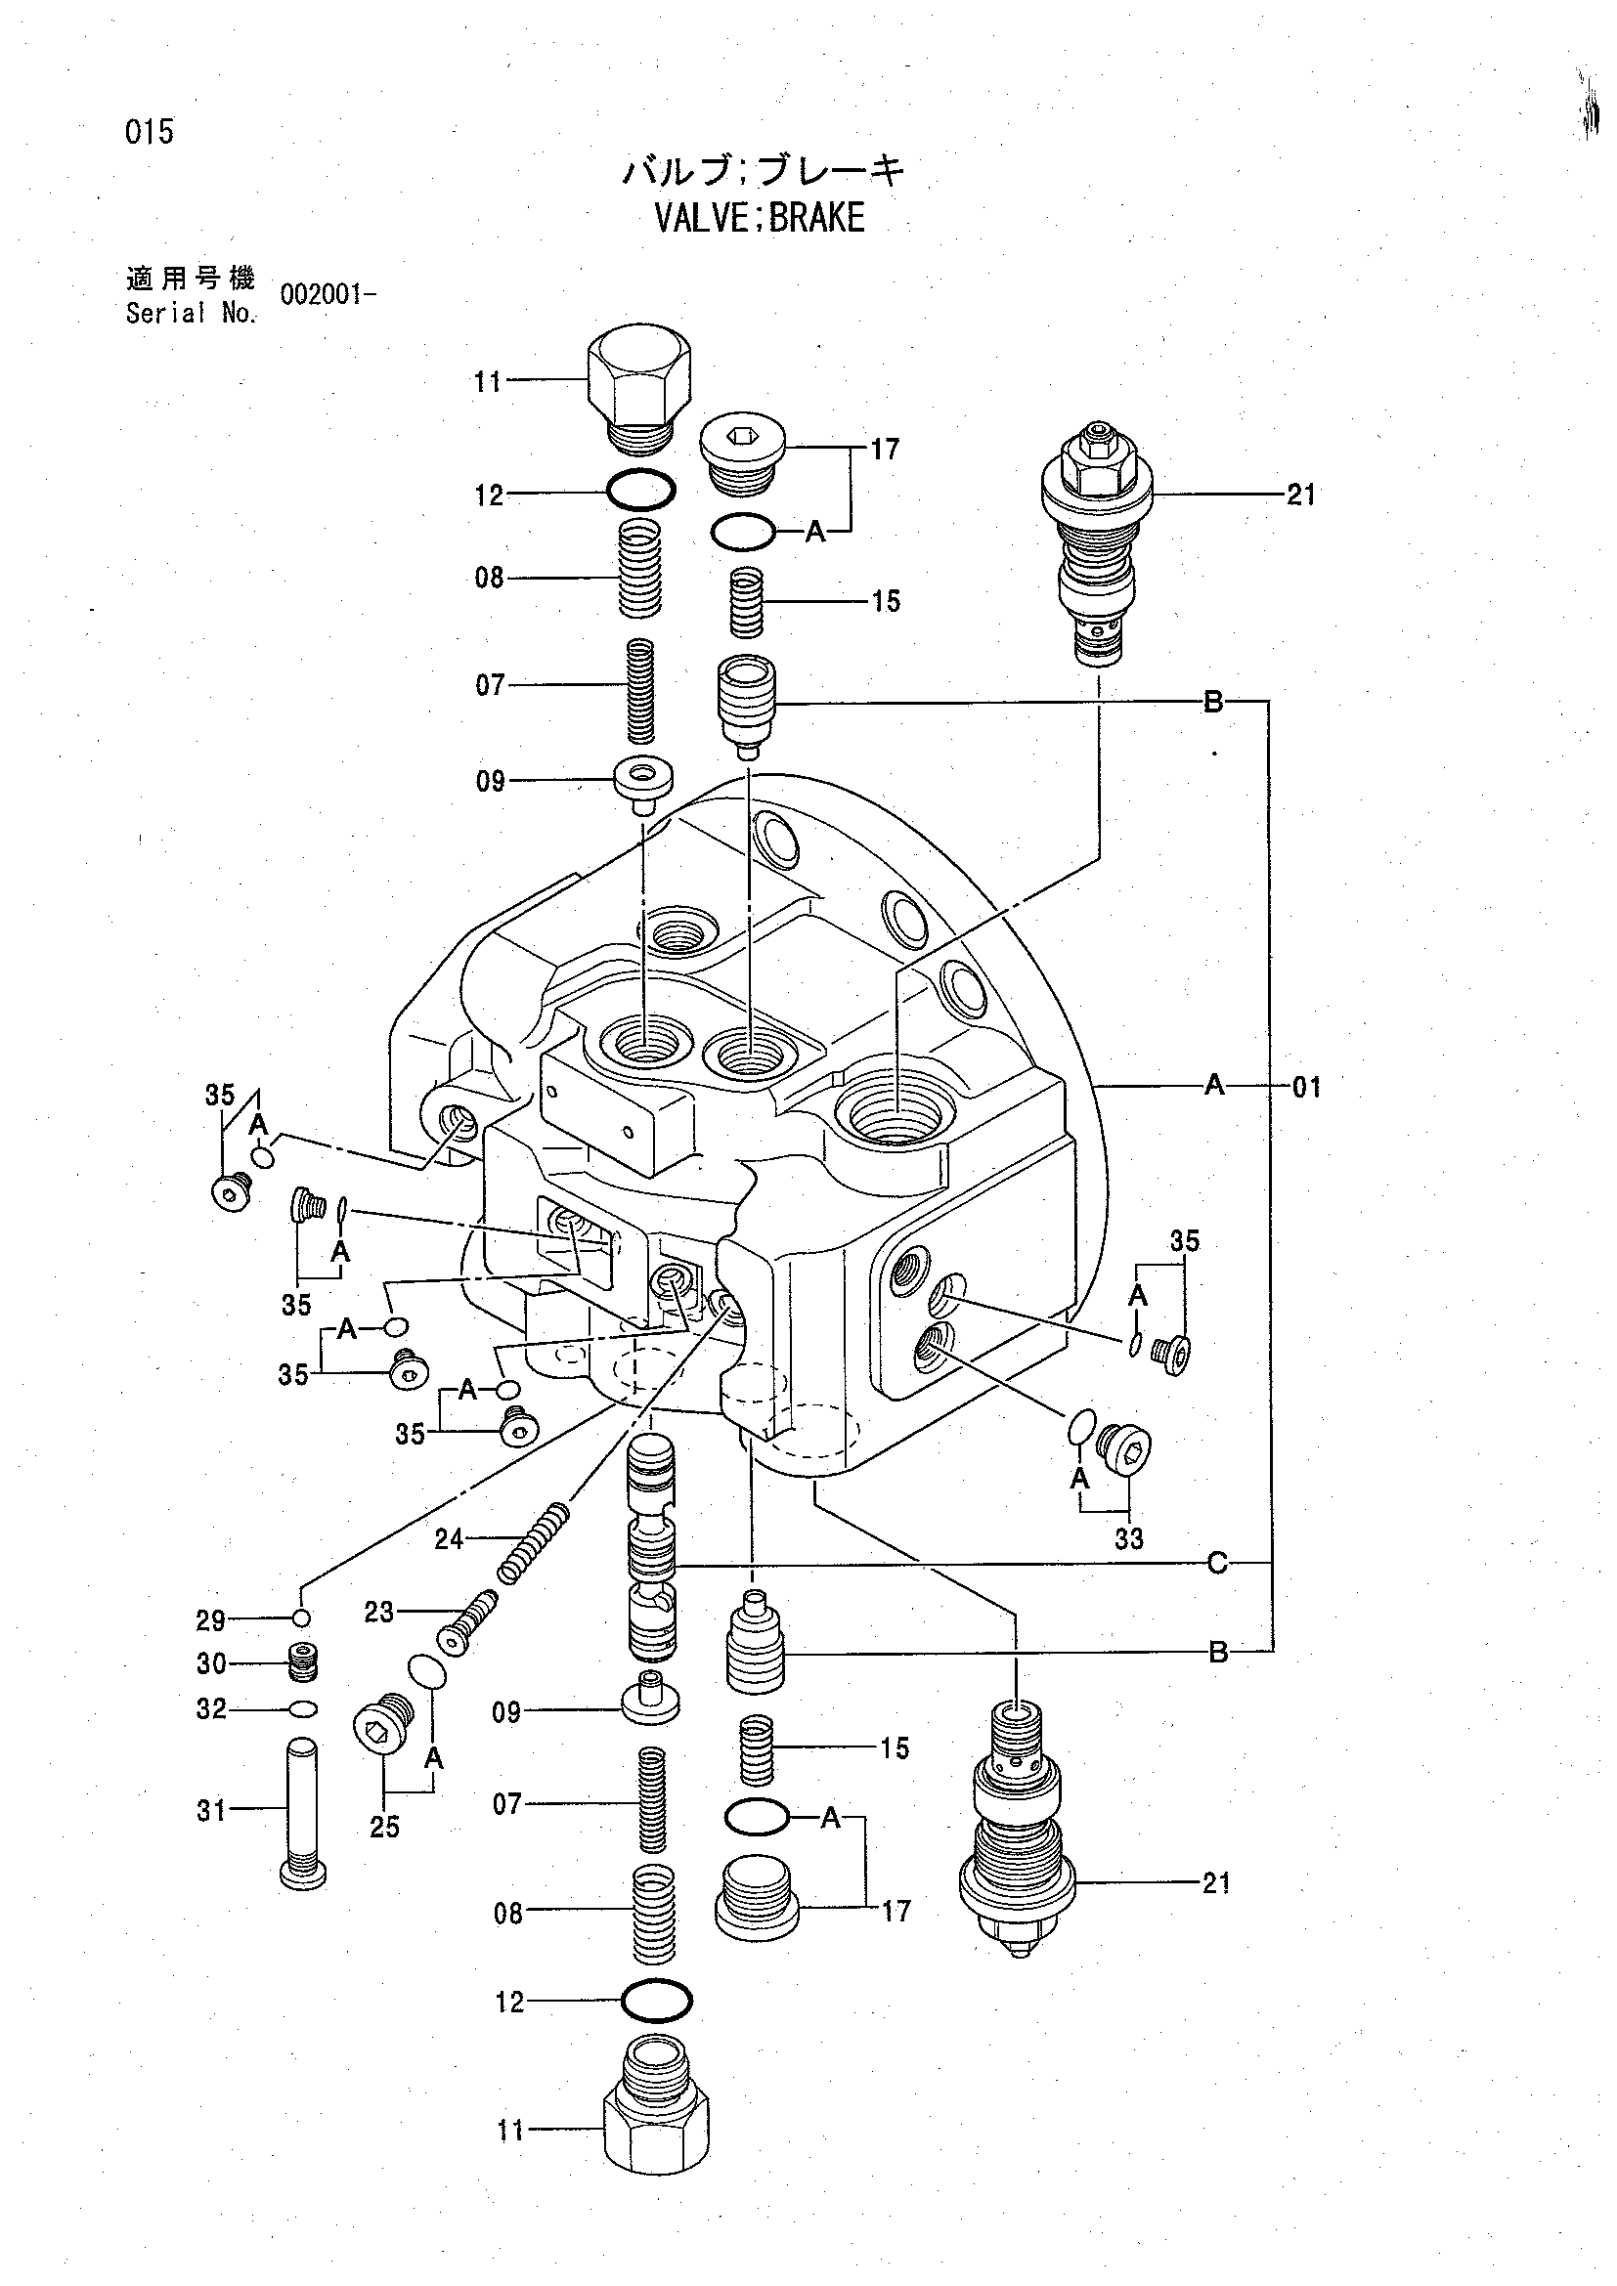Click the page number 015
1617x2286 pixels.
click(x=151, y=131)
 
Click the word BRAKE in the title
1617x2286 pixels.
click(x=816, y=217)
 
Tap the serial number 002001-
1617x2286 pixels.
click(x=328, y=295)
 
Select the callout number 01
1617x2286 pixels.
click(x=1306, y=1086)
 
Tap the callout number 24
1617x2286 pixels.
click(x=449, y=1539)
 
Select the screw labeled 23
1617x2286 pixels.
click(x=467, y=1623)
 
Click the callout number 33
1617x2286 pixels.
click(x=1128, y=1539)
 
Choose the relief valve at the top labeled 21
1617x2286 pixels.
click(x=1096, y=543)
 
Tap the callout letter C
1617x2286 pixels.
click(x=1217, y=1564)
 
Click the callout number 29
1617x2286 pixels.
click(x=210, y=1620)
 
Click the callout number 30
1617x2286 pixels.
click(x=211, y=1663)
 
